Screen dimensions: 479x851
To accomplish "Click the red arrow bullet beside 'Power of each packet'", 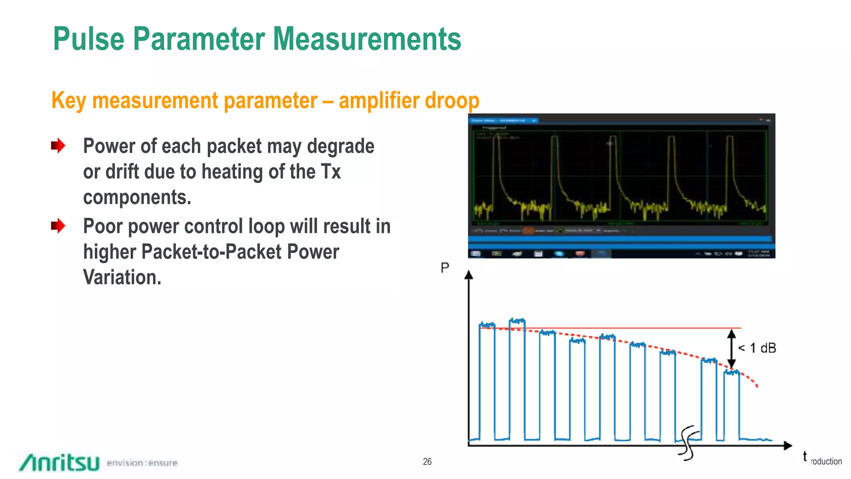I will pos(58,146).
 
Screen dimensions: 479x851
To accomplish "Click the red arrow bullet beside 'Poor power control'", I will pos(58,226).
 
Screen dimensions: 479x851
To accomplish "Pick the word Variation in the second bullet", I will pos(122,277).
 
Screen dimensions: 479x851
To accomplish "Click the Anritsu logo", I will pos(59,462).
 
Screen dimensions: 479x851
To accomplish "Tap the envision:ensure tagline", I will pos(142,463).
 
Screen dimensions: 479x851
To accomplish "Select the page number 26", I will pos(427,462).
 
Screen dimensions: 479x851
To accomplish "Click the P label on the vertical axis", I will pos(445,268).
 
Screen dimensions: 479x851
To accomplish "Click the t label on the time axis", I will pos(805,456).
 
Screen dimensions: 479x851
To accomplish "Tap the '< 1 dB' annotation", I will pos(757,348).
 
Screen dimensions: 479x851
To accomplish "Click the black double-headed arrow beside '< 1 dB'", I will pos(732,348).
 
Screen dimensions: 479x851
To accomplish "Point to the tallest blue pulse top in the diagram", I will pos(517,321).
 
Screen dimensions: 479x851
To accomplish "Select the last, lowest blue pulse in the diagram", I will pos(732,399).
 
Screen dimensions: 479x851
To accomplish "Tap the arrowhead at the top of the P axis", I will pos(469,275).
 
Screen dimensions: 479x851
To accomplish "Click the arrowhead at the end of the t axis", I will pos(787,446).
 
